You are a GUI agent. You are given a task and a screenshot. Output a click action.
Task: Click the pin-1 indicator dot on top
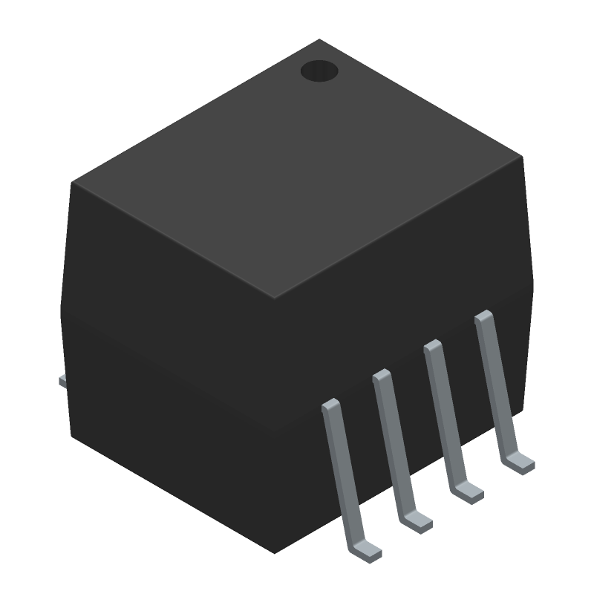click(x=319, y=71)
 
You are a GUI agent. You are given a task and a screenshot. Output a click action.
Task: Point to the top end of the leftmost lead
click(x=330, y=405)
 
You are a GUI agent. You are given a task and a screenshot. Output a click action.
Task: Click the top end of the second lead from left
click(x=382, y=376)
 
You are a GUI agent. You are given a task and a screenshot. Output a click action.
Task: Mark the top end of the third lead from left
click(x=433, y=346)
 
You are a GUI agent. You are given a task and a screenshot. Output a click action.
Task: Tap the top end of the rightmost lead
click(x=483, y=317)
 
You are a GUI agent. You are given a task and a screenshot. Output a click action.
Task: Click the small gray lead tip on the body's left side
click(x=63, y=382)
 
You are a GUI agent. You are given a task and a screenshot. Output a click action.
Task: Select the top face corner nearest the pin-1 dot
click(x=319, y=40)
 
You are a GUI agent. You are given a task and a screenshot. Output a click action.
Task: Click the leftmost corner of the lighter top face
click(x=73, y=182)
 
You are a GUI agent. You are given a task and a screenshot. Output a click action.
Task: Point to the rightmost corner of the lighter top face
click(x=522, y=157)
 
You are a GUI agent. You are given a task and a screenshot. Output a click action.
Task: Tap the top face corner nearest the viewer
click(x=275, y=298)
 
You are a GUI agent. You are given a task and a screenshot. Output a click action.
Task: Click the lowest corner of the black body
click(x=275, y=552)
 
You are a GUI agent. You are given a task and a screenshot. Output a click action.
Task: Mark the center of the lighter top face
click(x=297, y=169)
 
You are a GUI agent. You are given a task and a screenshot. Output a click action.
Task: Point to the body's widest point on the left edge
click(x=61, y=316)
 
